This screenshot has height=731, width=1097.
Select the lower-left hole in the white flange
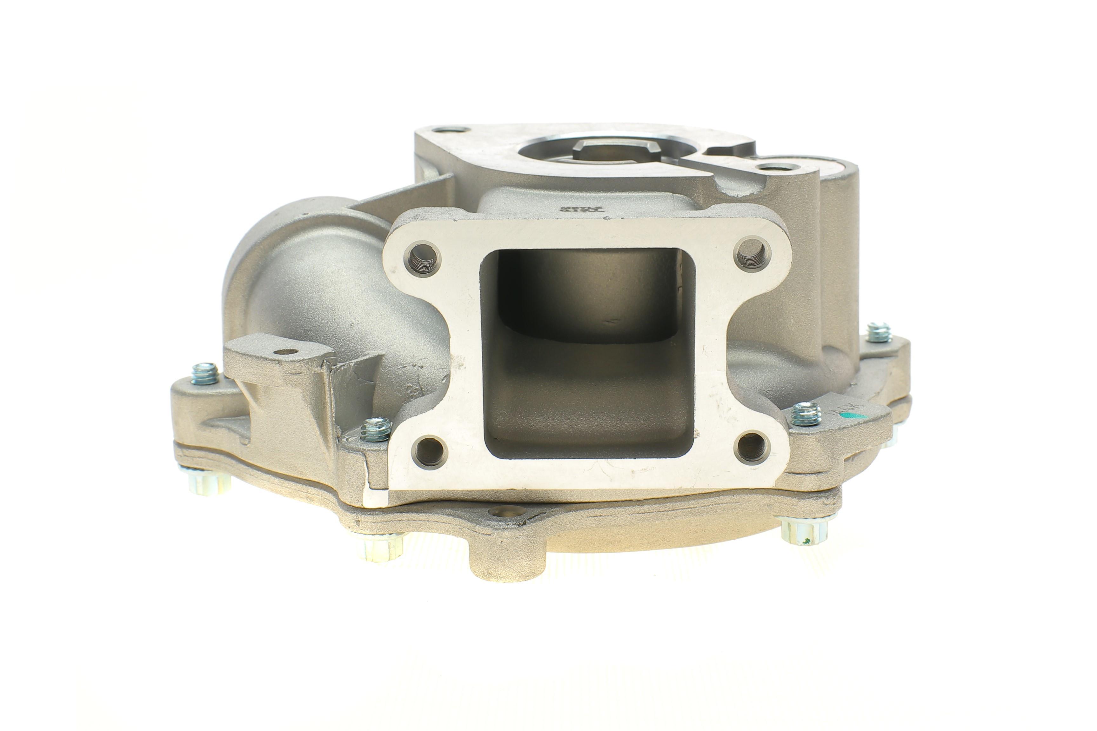[x=429, y=451]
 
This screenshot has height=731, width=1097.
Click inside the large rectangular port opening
[x=587, y=354]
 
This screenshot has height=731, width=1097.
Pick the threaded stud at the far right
[x=879, y=332]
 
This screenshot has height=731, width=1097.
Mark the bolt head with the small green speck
[x=806, y=536]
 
